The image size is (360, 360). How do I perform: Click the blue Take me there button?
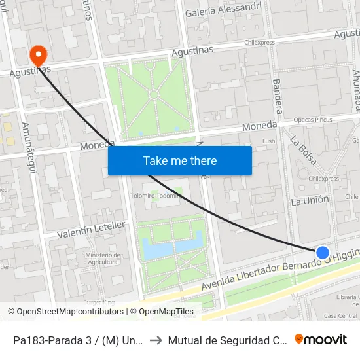coord(180,160)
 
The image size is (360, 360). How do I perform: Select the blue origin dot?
coord(322,253)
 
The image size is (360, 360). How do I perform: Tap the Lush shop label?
coord(268,141)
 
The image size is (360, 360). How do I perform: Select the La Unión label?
coord(310,201)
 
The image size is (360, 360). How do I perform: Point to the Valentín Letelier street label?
coord(91,229)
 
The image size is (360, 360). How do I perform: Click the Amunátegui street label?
coord(27,140)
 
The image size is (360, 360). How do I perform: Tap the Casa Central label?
coord(340,315)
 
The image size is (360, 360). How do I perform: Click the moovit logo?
coord(320,339)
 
